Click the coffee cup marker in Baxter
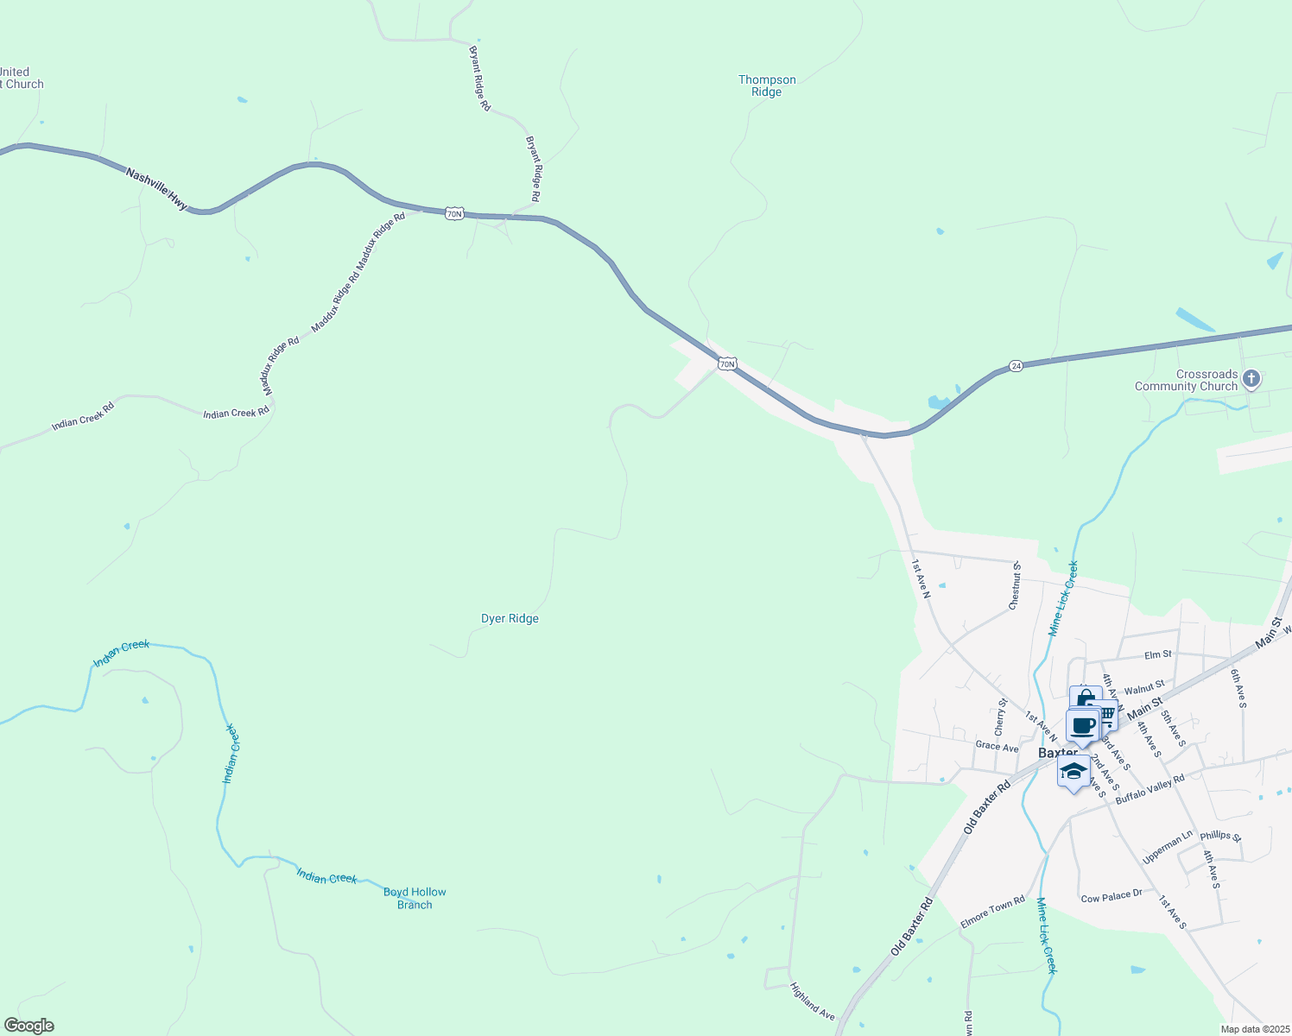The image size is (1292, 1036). (1082, 725)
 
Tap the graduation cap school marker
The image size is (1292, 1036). (1073, 772)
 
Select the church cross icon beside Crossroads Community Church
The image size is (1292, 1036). (1251, 379)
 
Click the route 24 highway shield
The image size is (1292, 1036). (1016, 366)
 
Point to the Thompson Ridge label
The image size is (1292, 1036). (767, 85)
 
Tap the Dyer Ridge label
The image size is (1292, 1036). (510, 618)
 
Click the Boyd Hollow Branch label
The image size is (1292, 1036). (415, 898)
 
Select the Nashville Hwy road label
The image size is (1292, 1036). (156, 188)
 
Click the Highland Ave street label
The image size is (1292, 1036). (812, 1001)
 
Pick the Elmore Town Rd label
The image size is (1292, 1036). (992, 915)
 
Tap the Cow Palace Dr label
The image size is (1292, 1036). (1111, 896)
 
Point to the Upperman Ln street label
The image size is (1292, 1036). (1167, 847)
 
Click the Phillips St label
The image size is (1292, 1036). (1220, 836)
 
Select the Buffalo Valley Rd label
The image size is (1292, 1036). (1149, 790)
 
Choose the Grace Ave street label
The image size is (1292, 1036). (997, 746)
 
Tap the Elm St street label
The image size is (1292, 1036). (1158, 654)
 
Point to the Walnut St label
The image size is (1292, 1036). (1144, 687)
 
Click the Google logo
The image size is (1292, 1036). (28, 1026)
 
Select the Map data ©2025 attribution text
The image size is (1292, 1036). (1254, 1029)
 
